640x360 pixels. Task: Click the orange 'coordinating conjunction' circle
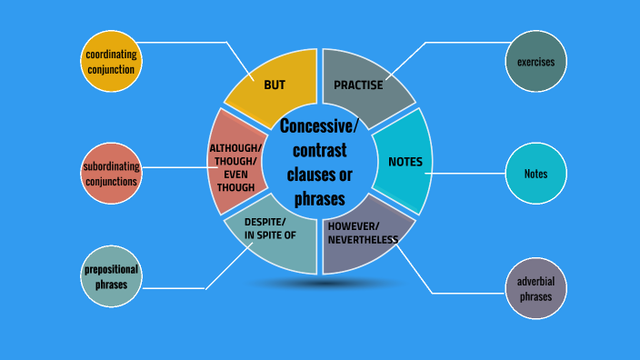111,62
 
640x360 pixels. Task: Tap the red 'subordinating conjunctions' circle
110,174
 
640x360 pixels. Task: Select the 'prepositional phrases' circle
110,276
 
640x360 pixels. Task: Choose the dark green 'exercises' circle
535,62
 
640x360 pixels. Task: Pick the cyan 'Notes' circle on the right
535,174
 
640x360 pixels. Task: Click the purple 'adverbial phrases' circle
535,288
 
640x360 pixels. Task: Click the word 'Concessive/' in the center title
320,125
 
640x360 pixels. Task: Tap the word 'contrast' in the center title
320,150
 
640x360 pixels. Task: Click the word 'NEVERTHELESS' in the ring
364,239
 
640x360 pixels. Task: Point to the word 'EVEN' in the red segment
235,175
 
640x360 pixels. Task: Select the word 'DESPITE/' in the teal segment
265,222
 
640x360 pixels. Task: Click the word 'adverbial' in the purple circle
535,281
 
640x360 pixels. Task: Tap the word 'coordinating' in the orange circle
111,55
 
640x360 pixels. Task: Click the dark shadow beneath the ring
319,284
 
